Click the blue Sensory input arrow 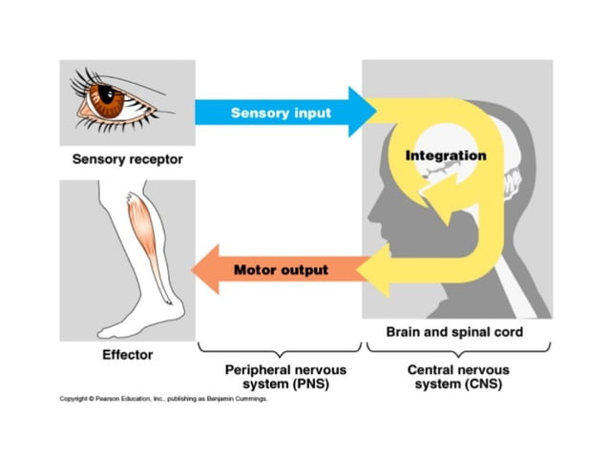pos(277,113)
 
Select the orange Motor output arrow pos(277,270)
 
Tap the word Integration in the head pos(446,155)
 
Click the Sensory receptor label pos(127,159)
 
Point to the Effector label pos(127,355)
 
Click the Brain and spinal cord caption pos(454,332)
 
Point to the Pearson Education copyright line pos(163,400)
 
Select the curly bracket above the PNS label pos(279,349)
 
